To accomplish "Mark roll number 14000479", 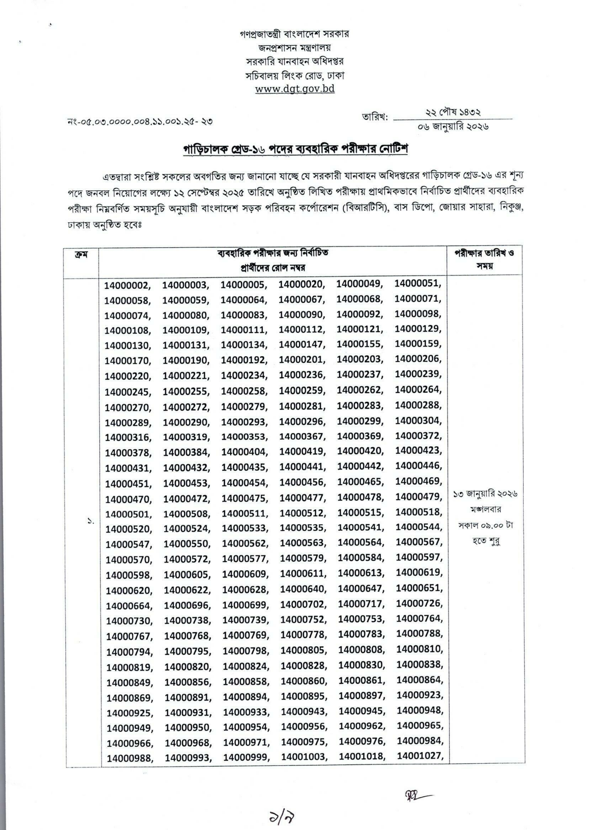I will coord(419,497).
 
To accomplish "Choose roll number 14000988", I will coord(129,758).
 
